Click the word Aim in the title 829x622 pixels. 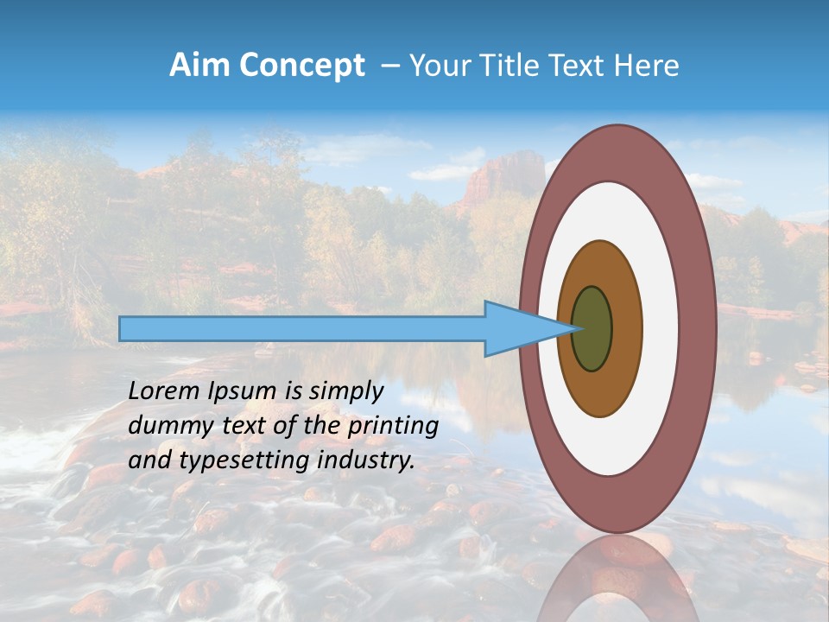click(199, 66)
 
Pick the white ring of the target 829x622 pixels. click(661, 329)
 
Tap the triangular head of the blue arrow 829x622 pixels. click(518, 329)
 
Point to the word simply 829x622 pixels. click(344, 392)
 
